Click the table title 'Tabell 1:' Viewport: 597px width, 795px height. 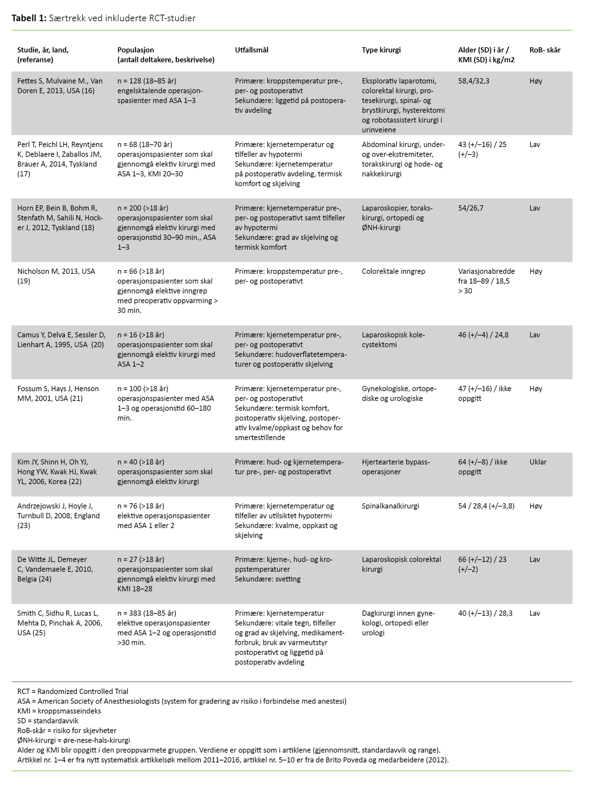pos(29,18)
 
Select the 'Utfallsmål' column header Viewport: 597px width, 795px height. pos(251,50)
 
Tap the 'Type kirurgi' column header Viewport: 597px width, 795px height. pos(381,50)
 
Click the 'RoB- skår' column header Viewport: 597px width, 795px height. pos(544,50)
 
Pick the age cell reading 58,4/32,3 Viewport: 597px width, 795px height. pos(474,81)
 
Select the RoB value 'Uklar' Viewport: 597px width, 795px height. pos(538,462)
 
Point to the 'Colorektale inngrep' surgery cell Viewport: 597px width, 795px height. pos(393,271)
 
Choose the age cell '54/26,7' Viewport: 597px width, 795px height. pos(471,208)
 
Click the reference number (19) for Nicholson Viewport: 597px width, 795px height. pos(23,281)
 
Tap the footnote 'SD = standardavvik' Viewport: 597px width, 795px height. pos(48,721)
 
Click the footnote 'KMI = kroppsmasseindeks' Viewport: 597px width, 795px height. pos(59,711)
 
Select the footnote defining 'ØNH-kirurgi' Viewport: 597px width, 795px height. pos(74,740)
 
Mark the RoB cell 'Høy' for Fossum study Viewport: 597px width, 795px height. pos(536,389)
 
